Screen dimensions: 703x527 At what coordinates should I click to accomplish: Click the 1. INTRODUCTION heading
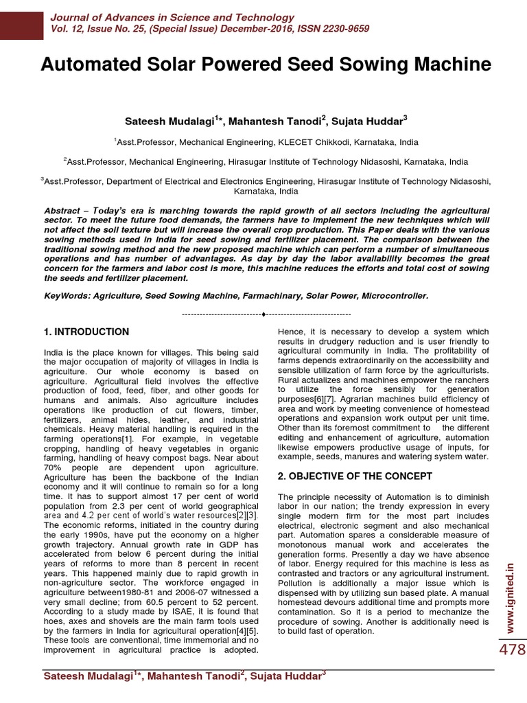pos(86,332)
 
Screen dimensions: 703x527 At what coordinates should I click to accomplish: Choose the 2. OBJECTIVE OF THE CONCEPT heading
pos(354,476)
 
